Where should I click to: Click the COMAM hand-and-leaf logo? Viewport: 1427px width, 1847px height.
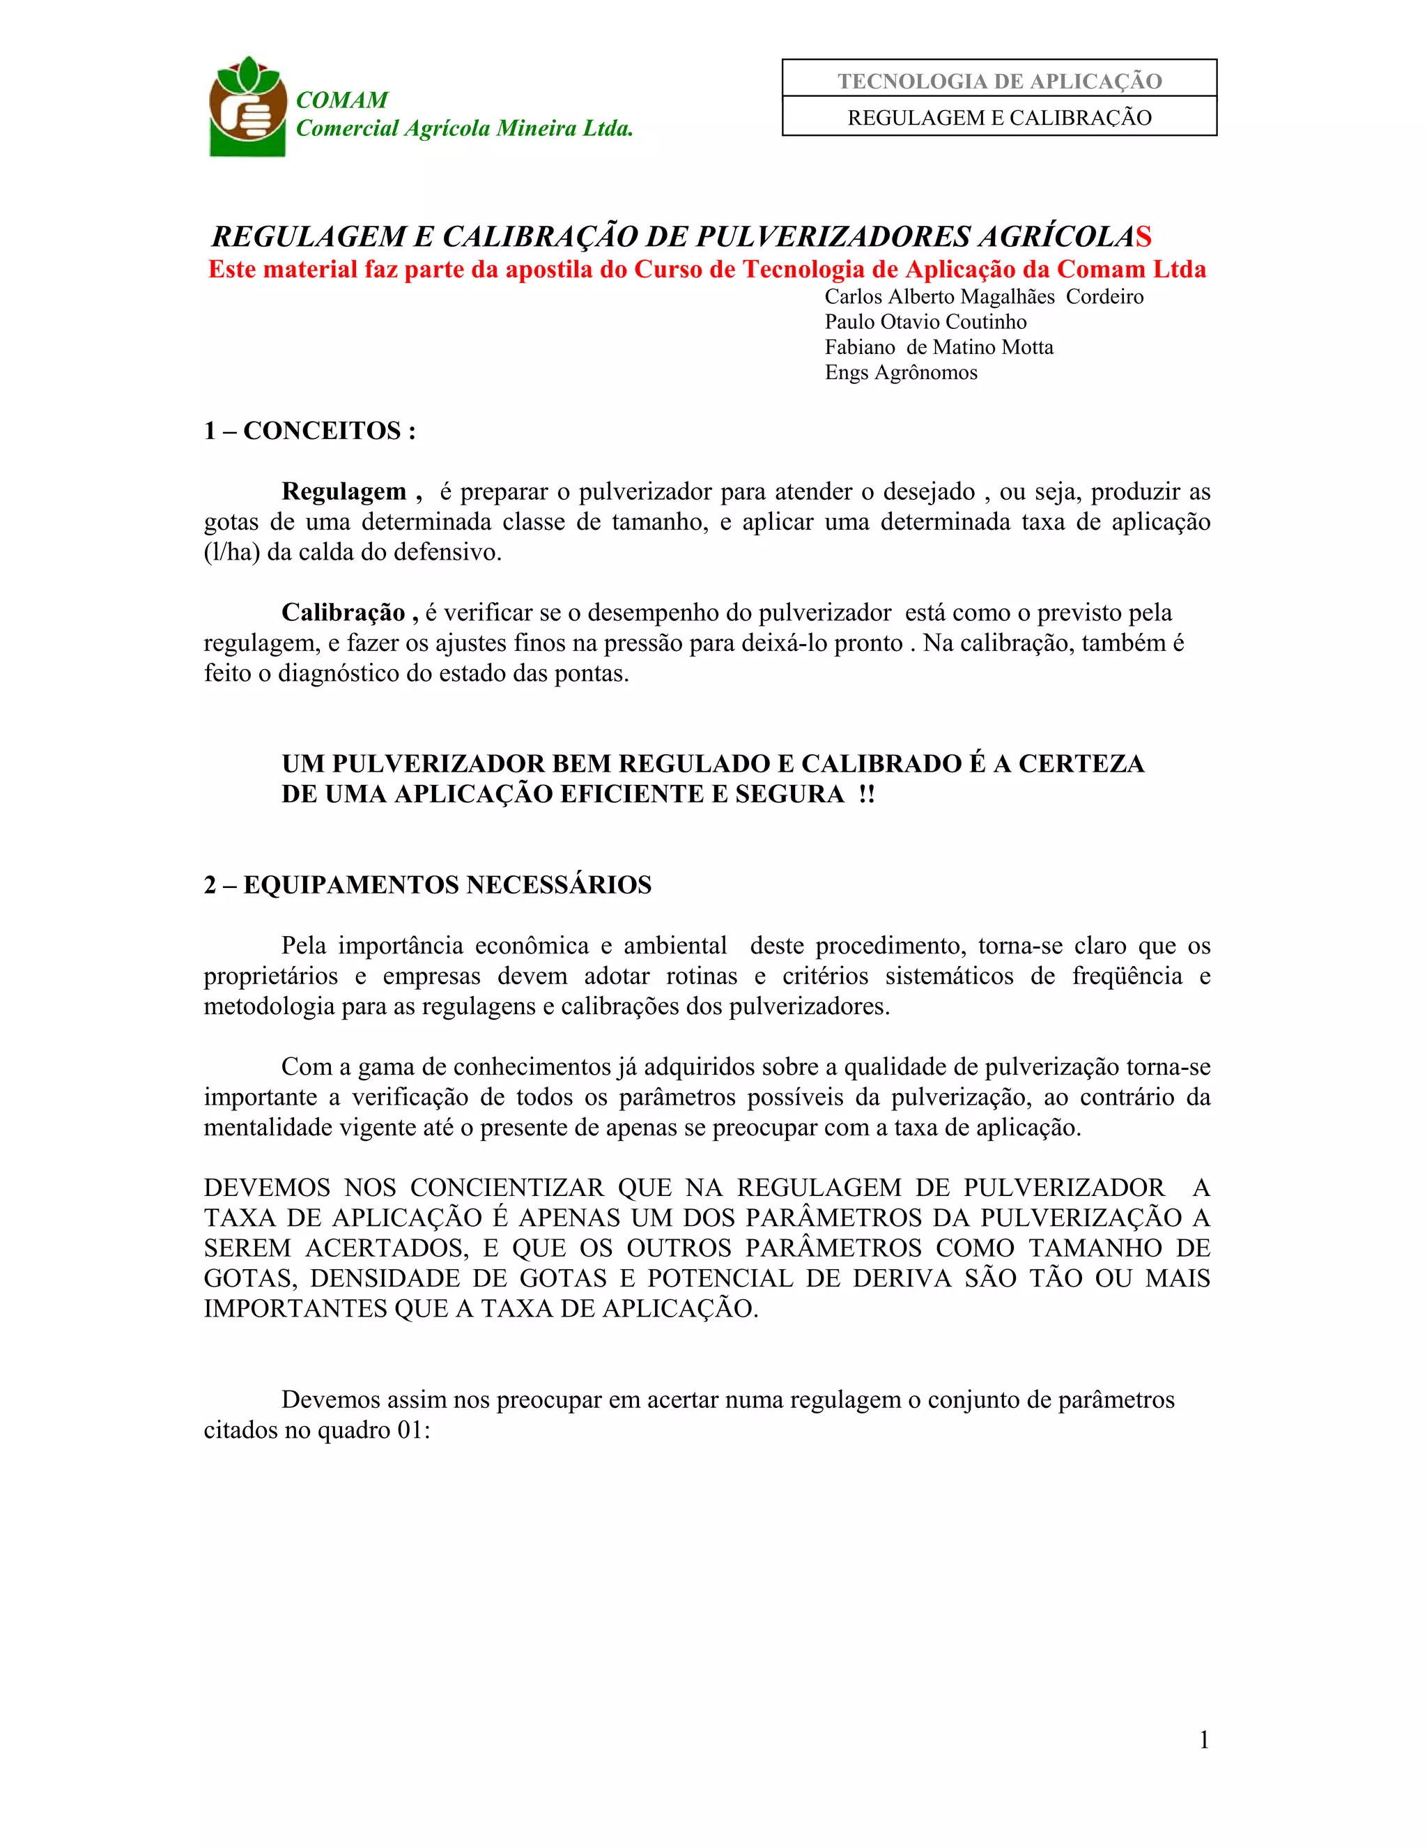click(247, 107)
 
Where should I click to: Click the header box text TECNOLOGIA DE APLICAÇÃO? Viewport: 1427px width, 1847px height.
click(999, 81)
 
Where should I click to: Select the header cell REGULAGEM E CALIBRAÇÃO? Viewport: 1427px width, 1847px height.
click(999, 118)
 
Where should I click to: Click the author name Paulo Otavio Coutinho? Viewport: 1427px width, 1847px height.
click(926, 322)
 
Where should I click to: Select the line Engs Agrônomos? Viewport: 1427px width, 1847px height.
click(901, 373)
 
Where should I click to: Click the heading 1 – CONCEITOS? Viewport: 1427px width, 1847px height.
click(309, 431)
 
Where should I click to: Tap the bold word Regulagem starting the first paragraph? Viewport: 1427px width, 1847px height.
click(344, 492)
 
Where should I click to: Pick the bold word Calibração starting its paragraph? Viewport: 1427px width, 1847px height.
click(344, 613)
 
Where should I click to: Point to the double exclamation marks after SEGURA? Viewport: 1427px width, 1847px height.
click(865, 795)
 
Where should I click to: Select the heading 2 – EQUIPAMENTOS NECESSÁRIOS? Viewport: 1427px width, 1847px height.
click(428, 885)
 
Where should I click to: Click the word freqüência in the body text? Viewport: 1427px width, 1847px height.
click(1127, 976)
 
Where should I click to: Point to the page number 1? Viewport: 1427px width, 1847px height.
click(1204, 1740)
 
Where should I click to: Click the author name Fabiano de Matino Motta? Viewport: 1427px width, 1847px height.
click(939, 348)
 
